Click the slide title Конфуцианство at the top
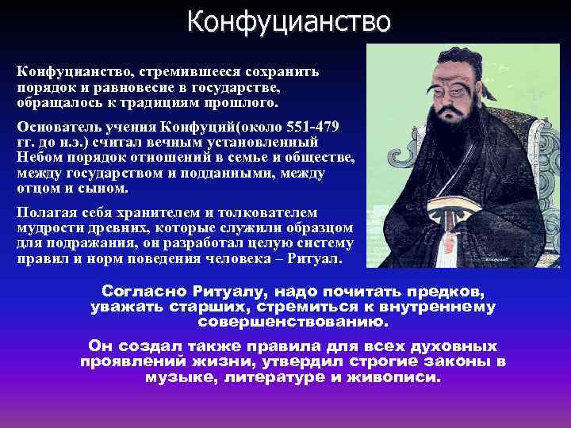click(x=289, y=21)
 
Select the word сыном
click(x=106, y=189)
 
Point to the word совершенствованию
click(x=293, y=323)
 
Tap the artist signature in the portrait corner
click(x=492, y=258)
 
